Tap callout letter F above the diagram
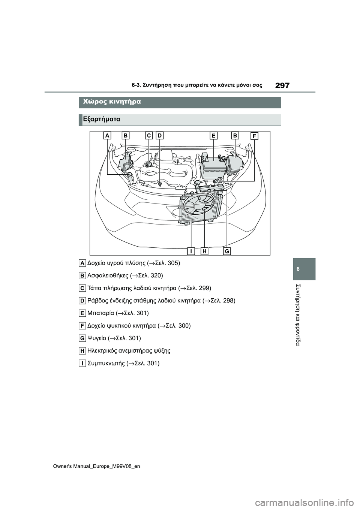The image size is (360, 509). (x=254, y=136)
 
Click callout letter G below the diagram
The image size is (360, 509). (x=227, y=251)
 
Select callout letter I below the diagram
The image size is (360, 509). (x=191, y=251)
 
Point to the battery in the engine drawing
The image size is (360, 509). (x=213, y=167)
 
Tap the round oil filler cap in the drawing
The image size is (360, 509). (x=149, y=164)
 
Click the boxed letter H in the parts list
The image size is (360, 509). (x=82, y=351)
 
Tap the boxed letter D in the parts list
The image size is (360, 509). (x=82, y=301)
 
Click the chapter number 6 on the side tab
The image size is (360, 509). (x=304, y=269)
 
